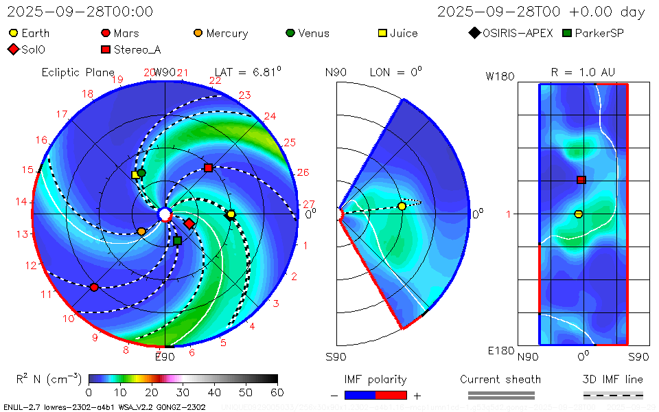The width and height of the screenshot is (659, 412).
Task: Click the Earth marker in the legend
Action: coord(14,33)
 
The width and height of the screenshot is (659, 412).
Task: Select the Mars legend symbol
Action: coord(105,33)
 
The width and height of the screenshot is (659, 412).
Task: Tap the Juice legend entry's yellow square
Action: coord(384,33)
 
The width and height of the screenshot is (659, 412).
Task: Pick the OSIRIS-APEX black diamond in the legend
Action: coord(474,33)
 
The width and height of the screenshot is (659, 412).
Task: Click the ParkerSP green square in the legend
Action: coord(567,33)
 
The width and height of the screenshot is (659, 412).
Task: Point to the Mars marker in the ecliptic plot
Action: coord(94,287)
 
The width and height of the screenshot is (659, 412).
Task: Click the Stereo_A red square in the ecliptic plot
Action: coord(208,168)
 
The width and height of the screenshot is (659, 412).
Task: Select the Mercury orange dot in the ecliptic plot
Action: coord(141,231)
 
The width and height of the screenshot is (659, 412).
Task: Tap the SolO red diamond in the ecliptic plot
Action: coord(189,223)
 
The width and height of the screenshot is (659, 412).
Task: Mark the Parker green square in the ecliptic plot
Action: coord(178,240)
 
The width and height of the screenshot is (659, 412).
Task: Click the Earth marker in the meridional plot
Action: coord(402,206)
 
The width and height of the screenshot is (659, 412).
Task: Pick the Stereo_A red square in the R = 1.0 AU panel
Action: coord(581,180)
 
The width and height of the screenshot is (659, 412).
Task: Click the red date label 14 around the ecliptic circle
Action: coord(21,201)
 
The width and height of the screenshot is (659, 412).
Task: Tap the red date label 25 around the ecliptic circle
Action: coord(289,143)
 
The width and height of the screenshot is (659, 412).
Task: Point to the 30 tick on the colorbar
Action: coord(183,392)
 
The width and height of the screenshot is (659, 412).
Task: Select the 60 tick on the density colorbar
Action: coord(277,392)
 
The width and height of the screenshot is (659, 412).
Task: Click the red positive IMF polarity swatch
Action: coord(391,395)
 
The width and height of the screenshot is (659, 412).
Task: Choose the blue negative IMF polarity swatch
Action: coord(360,395)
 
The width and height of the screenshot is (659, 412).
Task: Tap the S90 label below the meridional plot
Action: coord(336,356)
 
